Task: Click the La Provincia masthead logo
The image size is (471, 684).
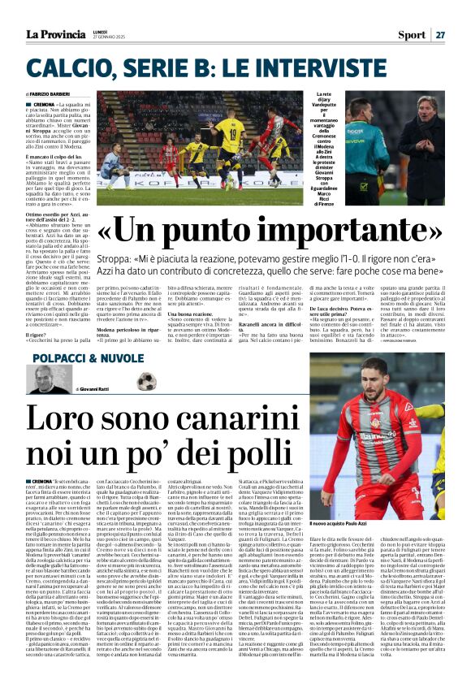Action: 55,34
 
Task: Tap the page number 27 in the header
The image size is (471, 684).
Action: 439,35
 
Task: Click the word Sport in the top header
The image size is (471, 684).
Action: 410,35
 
